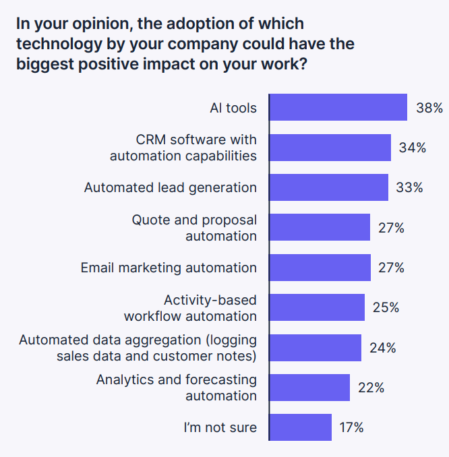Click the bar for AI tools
[x=338, y=107]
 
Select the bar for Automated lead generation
[x=328, y=187]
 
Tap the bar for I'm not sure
[x=301, y=427]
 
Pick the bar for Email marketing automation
[x=320, y=268]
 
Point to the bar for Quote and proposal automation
[x=320, y=228]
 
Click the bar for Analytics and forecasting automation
[x=309, y=388]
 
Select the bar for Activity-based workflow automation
[x=317, y=307]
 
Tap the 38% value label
[x=429, y=108]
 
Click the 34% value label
[x=412, y=148]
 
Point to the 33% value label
[x=409, y=187]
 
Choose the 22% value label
[x=371, y=388]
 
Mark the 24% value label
[x=382, y=348]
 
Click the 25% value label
[x=386, y=307]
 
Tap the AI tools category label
[x=233, y=108]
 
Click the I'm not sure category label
[x=220, y=427]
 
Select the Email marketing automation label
[x=169, y=268]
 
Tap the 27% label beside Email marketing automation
[x=391, y=268]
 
